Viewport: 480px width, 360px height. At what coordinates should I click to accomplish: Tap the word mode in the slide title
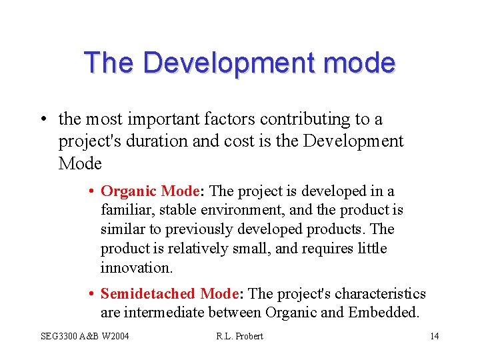[365, 63]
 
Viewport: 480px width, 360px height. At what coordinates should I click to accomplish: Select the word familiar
[124, 211]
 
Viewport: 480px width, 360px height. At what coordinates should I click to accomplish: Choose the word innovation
[136, 268]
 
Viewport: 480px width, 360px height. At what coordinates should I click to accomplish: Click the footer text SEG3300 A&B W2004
[85, 335]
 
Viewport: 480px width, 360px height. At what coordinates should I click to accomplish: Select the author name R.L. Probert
[239, 335]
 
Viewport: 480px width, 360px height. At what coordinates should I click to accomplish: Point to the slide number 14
[434, 335]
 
